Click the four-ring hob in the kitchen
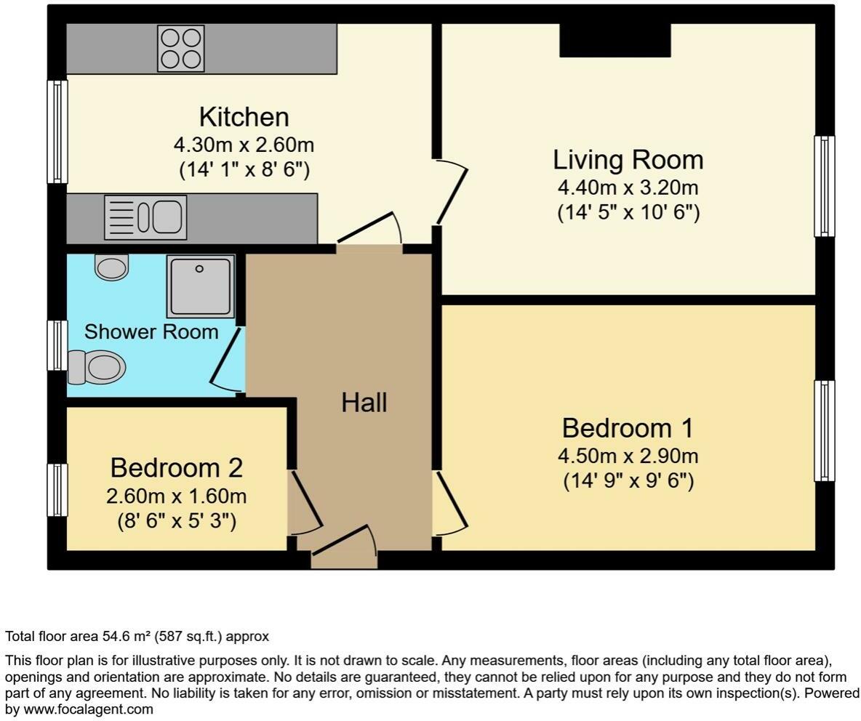tap(181, 49)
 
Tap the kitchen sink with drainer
tap(145, 217)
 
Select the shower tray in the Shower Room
tap(200, 286)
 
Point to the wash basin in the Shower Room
tap(112, 267)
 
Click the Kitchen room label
tap(244, 117)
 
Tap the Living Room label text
tap(628, 160)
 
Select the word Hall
tap(364, 403)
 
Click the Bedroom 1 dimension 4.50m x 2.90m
tap(628, 456)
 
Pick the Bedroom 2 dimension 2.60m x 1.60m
tap(176, 497)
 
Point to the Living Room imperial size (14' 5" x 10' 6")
tap(628, 213)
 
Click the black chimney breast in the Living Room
tap(614, 40)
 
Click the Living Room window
tap(824, 186)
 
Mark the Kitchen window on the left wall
tap(57, 132)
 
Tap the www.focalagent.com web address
tap(89, 709)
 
